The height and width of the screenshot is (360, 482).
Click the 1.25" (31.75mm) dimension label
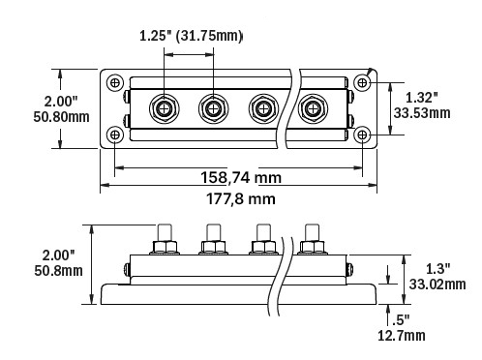point(191,36)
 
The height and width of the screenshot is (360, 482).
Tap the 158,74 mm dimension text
point(241,177)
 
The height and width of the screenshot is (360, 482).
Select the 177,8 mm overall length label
point(241,198)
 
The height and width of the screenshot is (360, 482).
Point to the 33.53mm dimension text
point(422,113)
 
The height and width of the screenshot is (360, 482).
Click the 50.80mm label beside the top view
point(61,117)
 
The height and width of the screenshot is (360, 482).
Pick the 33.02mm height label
point(437,285)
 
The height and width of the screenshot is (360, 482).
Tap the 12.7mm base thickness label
point(402,336)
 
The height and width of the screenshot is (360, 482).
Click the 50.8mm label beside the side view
point(58,271)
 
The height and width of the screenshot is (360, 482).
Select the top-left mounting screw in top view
point(115,83)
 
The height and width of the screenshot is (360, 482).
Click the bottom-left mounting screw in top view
point(115,135)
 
